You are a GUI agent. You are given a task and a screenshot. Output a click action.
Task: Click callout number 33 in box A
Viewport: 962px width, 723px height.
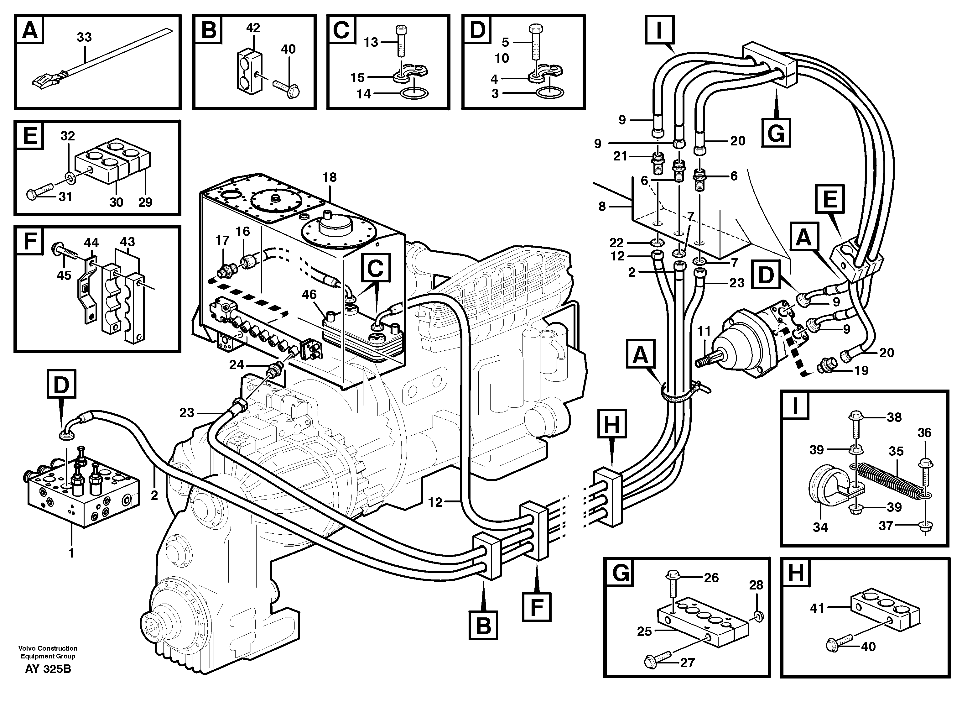pos(84,37)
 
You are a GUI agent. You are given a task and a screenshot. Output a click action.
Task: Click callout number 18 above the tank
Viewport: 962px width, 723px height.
pos(330,177)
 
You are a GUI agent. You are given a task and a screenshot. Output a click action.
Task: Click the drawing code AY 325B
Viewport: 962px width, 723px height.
pos(48,668)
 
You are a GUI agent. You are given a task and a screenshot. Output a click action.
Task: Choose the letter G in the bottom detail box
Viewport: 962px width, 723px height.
pos(621,573)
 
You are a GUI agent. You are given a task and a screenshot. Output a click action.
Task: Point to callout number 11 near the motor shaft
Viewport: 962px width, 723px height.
pos(704,332)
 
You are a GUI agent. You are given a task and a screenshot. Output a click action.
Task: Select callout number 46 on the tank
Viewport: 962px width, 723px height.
pos(309,295)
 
